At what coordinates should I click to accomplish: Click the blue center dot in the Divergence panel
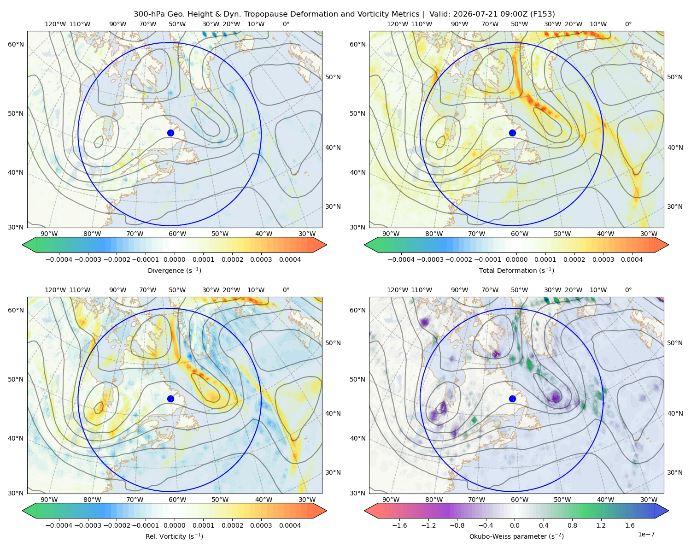[x=170, y=133]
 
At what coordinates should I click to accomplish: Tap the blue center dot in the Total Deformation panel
[x=512, y=133]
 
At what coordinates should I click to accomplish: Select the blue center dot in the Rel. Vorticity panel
[x=170, y=399]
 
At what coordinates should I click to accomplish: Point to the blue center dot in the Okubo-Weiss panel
[x=512, y=399]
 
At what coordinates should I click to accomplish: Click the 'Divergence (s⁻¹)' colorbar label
[x=174, y=270]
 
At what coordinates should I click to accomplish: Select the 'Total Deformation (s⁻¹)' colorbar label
[x=516, y=270]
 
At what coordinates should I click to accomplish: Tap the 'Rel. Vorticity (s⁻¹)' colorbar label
[x=174, y=536]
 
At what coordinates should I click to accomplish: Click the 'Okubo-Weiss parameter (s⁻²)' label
[x=516, y=536]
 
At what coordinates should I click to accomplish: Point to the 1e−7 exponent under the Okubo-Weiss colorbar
[x=646, y=534]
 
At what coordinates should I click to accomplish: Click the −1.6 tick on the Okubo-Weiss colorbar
[x=399, y=525]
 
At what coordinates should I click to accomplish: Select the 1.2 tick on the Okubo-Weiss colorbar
[x=601, y=525]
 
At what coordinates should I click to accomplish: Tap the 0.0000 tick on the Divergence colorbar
[x=174, y=259]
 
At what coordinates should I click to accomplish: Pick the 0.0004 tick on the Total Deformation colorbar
[x=632, y=259]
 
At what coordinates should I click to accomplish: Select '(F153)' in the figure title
[x=543, y=14]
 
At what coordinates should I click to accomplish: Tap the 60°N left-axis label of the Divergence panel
[x=16, y=44]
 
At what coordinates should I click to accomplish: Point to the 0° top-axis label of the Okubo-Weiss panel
[x=628, y=290]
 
